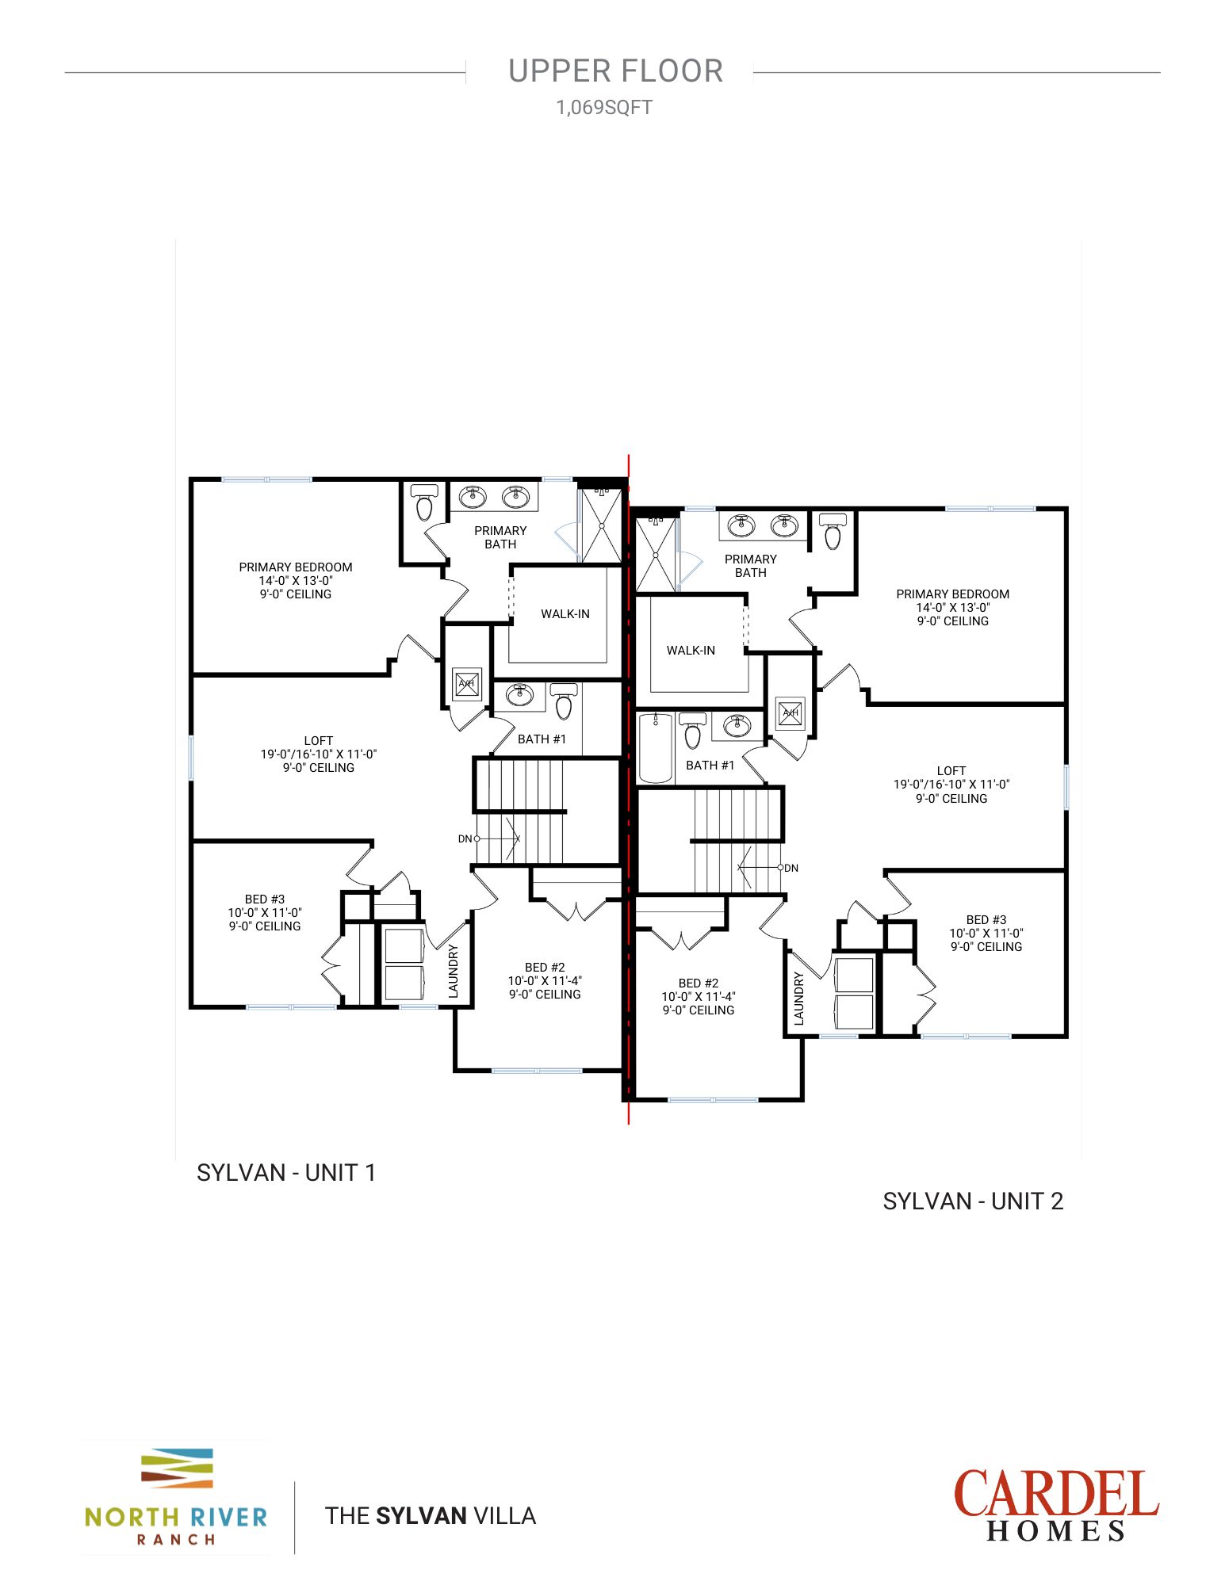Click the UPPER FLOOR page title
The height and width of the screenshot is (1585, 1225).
[x=615, y=71]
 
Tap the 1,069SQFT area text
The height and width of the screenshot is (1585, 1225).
[x=604, y=108]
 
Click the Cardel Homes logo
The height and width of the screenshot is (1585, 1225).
[x=1055, y=1506]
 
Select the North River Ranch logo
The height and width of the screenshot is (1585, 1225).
[x=176, y=1498]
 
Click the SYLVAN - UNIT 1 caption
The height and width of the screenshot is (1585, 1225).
[x=286, y=1173]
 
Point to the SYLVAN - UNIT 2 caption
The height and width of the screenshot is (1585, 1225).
[x=973, y=1201]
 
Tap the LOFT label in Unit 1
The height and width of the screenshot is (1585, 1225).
[x=318, y=741]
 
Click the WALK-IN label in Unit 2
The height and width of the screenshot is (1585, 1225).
[x=691, y=651]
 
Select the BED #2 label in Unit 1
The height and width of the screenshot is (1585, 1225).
[x=545, y=968]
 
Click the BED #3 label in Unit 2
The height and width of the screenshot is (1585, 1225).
[x=986, y=920]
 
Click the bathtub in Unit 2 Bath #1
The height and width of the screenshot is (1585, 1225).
[x=656, y=747]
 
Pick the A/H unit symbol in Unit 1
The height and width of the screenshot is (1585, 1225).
[x=466, y=683]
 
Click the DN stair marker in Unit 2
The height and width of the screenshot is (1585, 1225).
[x=790, y=869]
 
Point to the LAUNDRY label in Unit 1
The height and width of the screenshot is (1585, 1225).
[x=454, y=971]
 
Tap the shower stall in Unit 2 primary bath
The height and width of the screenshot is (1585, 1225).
[x=657, y=554]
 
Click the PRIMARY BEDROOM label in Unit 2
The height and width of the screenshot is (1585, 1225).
[x=952, y=594]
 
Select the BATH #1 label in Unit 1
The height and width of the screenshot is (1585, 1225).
[x=542, y=739]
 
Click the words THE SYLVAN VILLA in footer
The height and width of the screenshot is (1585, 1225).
[x=431, y=1516]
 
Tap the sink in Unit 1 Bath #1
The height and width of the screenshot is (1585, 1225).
[x=520, y=695]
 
